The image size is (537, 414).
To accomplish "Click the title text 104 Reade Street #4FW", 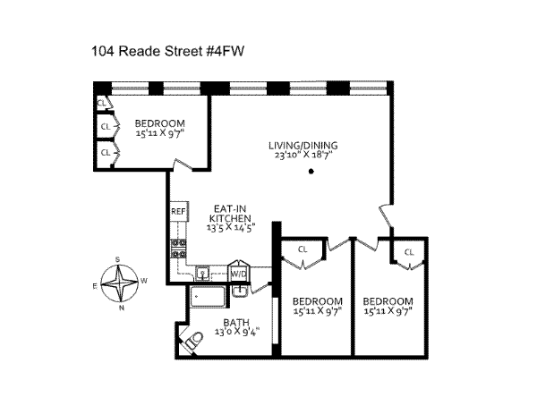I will [167, 51].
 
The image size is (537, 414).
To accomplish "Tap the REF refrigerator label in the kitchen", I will [178, 211].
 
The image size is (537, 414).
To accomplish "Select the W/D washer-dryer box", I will [239, 274].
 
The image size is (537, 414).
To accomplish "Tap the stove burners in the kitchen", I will [178, 246].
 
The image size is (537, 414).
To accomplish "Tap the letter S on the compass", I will [117, 260].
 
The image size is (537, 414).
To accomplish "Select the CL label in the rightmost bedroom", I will [408, 252].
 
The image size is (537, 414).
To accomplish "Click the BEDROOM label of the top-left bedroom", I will [159, 123].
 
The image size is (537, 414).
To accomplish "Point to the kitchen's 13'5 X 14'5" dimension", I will [224, 227].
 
